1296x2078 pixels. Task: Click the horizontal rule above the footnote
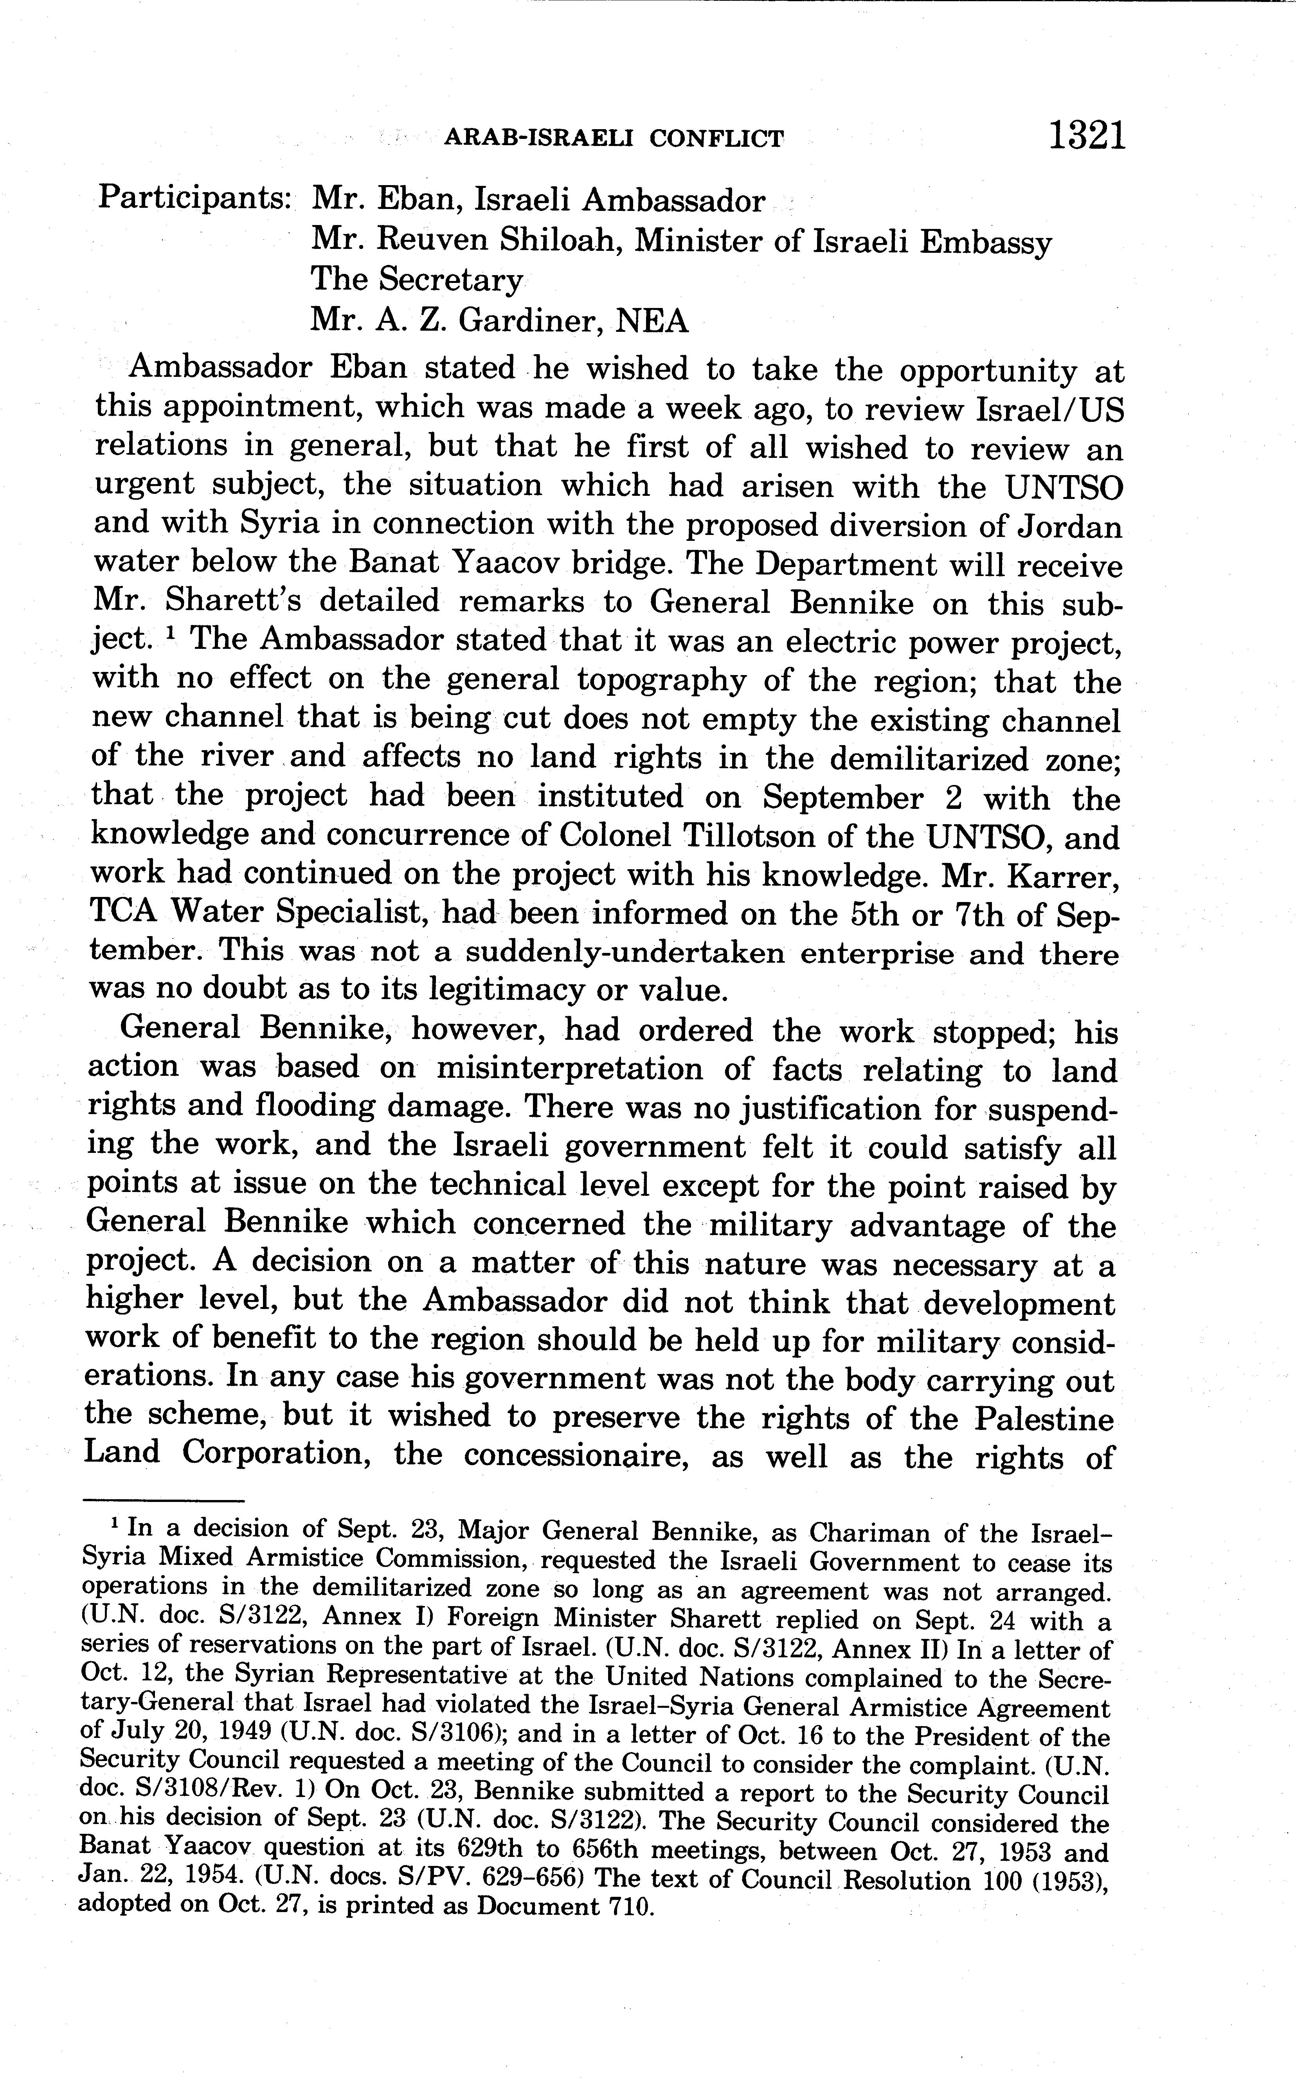[x=163, y=1500]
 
